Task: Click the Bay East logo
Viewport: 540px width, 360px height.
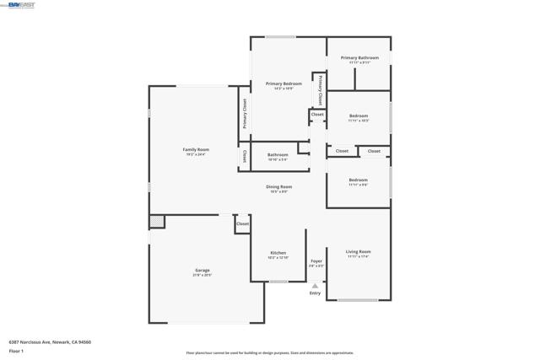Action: click(19, 5)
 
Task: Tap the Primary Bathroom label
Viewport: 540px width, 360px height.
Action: click(359, 58)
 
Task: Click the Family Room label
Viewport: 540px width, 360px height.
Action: click(196, 150)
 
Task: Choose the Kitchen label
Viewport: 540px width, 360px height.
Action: click(278, 253)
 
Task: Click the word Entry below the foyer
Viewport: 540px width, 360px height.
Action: click(315, 293)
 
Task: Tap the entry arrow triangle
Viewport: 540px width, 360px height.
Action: click(315, 286)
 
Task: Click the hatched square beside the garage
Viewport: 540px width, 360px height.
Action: click(157, 222)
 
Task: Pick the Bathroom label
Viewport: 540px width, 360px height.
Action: click(278, 154)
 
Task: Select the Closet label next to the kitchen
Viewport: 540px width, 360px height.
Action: click(242, 224)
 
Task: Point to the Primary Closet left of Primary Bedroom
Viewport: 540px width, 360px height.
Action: click(245, 113)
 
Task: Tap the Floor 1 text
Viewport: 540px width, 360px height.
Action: click(17, 351)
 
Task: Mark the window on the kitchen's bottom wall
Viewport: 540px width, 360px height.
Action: click(278, 282)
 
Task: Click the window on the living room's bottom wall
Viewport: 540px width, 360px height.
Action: click(359, 300)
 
